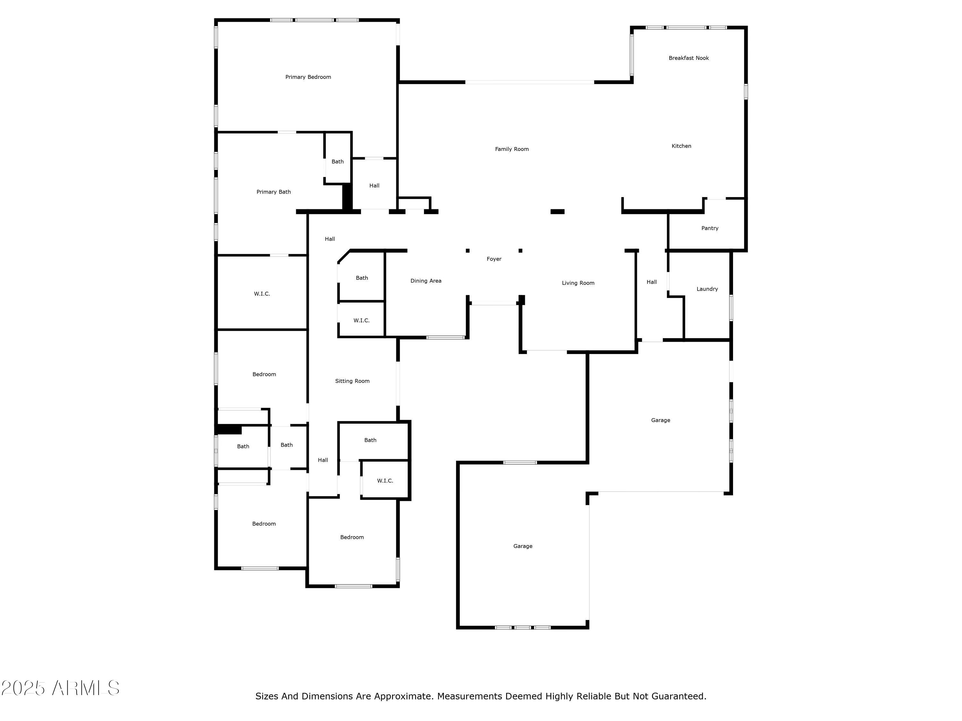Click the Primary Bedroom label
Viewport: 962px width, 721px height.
pyautogui.click(x=308, y=77)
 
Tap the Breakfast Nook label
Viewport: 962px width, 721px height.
pyautogui.click(x=688, y=58)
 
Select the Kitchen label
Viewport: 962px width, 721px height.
pyautogui.click(x=681, y=146)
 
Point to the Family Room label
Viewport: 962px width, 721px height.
pyautogui.click(x=511, y=149)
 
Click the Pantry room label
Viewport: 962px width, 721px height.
pyautogui.click(x=709, y=228)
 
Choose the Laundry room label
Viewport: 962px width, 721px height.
pyautogui.click(x=707, y=289)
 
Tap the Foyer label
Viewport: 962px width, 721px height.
pyautogui.click(x=494, y=259)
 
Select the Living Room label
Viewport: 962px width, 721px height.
pyautogui.click(x=578, y=283)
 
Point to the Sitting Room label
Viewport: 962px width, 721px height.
pyautogui.click(x=352, y=381)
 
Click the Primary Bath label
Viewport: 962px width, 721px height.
pyautogui.click(x=273, y=192)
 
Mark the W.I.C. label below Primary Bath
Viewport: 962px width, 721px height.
pyautogui.click(x=262, y=294)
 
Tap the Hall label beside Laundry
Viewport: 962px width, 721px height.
pyautogui.click(x=651, y=282)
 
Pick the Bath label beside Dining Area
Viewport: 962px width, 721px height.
pyautogui.click(x=361, y=278)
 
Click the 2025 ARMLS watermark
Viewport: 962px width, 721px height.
pyautogui.click(x=61, y=688)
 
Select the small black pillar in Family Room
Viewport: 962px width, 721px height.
pyautogui.click(x=557, y=211)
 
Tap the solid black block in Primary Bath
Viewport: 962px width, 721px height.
pyautogui.click(x=347, y=197)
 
